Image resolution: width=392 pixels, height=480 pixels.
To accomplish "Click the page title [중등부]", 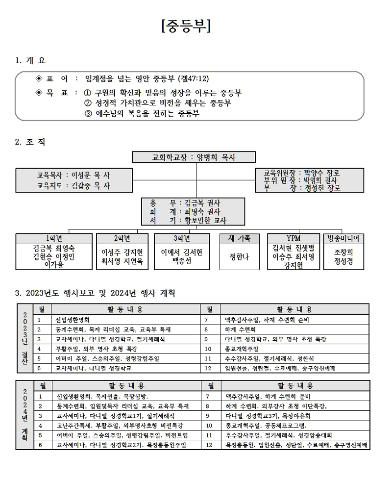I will [x=186, y=26].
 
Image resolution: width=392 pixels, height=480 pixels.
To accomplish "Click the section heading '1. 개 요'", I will [x=30, y=60].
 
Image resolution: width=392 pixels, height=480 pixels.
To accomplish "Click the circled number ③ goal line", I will [x=142, y=113].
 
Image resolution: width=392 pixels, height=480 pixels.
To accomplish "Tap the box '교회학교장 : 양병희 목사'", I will [x=194, y=157].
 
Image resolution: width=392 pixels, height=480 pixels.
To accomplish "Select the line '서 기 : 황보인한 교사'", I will [x=188, y=220].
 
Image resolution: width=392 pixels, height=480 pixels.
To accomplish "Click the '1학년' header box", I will [x=54, y=238].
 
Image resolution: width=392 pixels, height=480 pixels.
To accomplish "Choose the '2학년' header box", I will [x=122, y=238].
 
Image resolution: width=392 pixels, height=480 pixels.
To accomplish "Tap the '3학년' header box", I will [x=182, y=238].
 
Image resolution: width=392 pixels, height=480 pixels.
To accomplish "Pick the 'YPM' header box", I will [x=294, y=238].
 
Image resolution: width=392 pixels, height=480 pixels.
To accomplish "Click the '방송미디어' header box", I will [x=343, y=238].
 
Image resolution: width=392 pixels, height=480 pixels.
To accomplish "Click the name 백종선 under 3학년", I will [x=182, y=261].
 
